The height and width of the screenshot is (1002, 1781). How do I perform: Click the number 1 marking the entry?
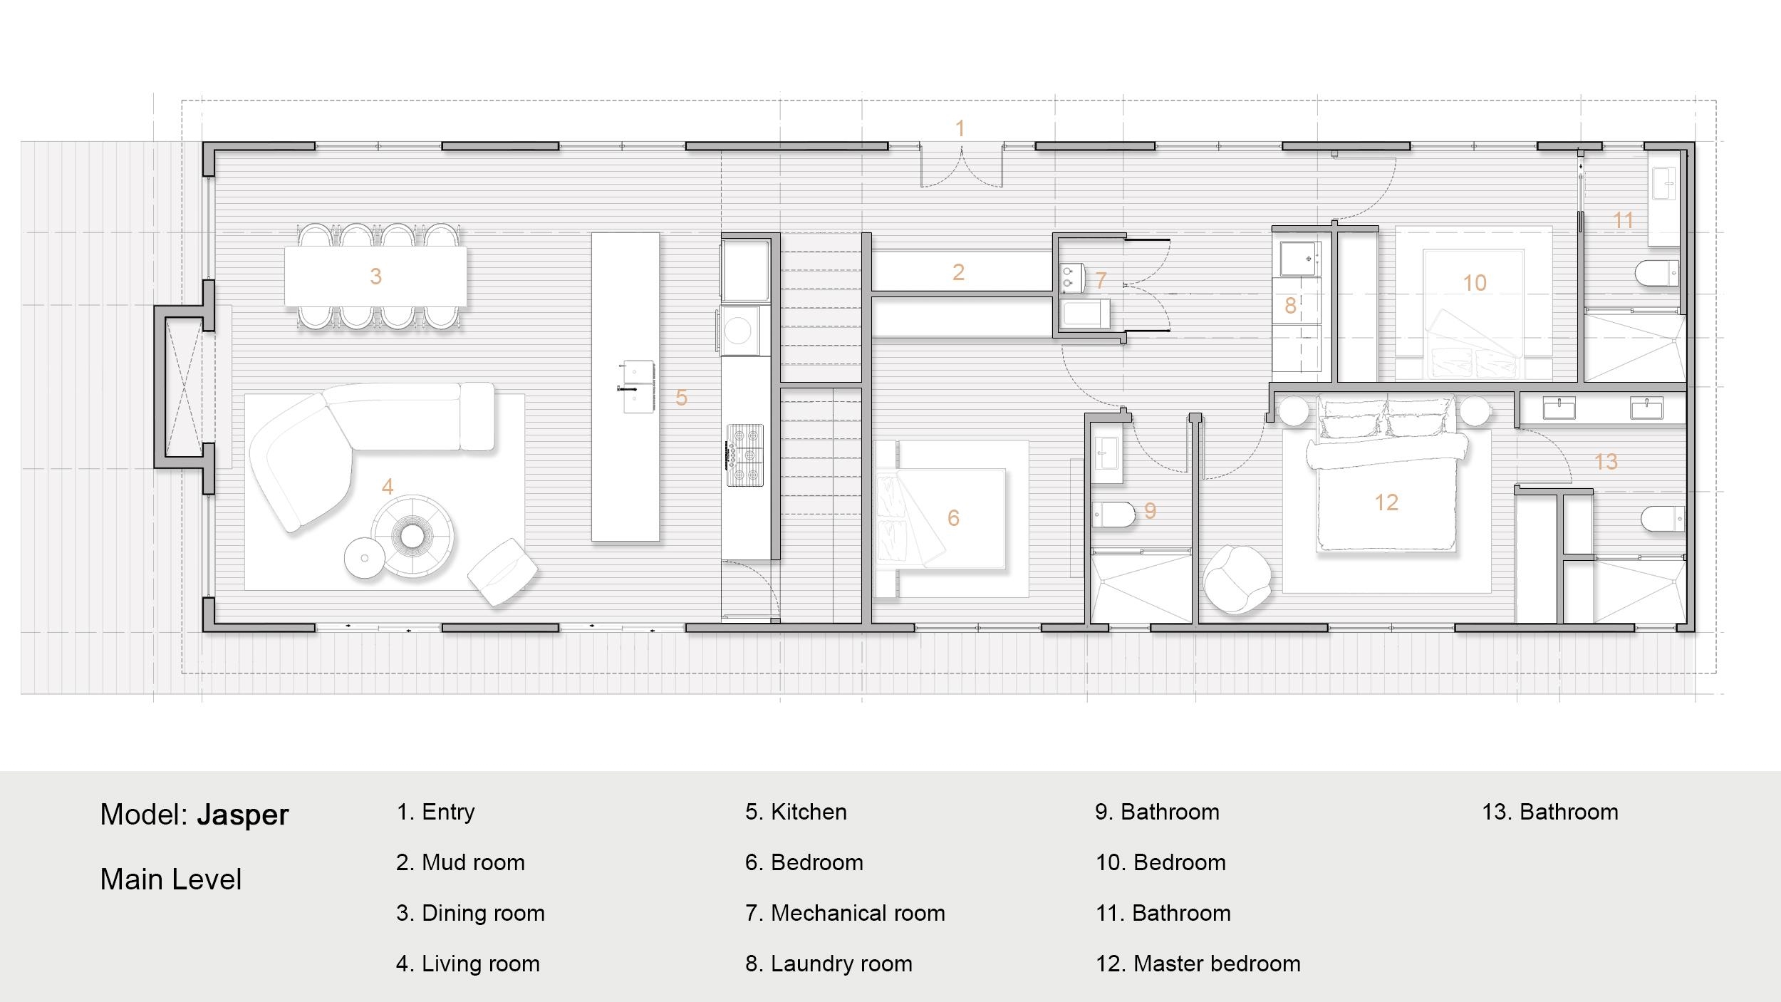(x=960, y=128)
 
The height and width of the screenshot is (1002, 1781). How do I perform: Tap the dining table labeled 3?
(x=375, y=277)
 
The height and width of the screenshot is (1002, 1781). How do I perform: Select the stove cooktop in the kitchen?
(x=745, y=455)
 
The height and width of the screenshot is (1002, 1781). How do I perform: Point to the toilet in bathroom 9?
(x=1113, y=515)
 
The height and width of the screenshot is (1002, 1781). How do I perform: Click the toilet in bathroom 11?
(x=1658, y=274)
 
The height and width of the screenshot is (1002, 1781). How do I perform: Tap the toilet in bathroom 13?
(x=1663, y=520)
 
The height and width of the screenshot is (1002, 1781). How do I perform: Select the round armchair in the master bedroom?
(x=1237, y=579)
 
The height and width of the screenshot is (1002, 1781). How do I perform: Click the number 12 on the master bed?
(x=1386, y=503)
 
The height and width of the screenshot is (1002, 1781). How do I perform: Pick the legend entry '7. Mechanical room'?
(x=845, y=913)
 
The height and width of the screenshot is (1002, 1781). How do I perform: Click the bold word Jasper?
(x=242, y=815)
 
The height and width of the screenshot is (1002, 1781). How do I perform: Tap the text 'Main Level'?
(x=171, y=879)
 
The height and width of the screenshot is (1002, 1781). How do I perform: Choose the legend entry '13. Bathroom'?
(x=1549, y=812)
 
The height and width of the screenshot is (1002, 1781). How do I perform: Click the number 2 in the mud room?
(x=958, y=272)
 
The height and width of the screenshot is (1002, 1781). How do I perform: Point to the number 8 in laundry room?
(x=1289, y=306)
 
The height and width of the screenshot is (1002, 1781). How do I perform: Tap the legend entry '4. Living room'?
(x=467, y=964)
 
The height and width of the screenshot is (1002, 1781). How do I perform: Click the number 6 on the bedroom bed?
(x=953, y=518)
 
